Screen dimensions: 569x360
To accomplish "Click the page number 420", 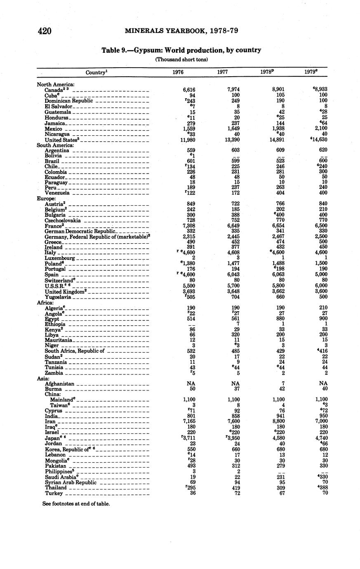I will pos(44,31).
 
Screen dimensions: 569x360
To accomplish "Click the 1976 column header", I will pos(178,72).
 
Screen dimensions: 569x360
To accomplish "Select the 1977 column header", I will pos(223,72).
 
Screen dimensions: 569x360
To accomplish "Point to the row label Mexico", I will pos(53,129).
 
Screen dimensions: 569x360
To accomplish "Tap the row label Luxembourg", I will pos(60,258).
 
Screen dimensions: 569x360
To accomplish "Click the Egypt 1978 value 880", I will pos(282,319).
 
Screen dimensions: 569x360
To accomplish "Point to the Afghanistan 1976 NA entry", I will pos(191,383).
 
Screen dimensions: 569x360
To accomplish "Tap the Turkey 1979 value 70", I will pos(325,493).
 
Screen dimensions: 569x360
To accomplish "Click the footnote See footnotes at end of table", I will pos(76,503).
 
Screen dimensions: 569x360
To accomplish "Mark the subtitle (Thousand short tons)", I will pos(181,59).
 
